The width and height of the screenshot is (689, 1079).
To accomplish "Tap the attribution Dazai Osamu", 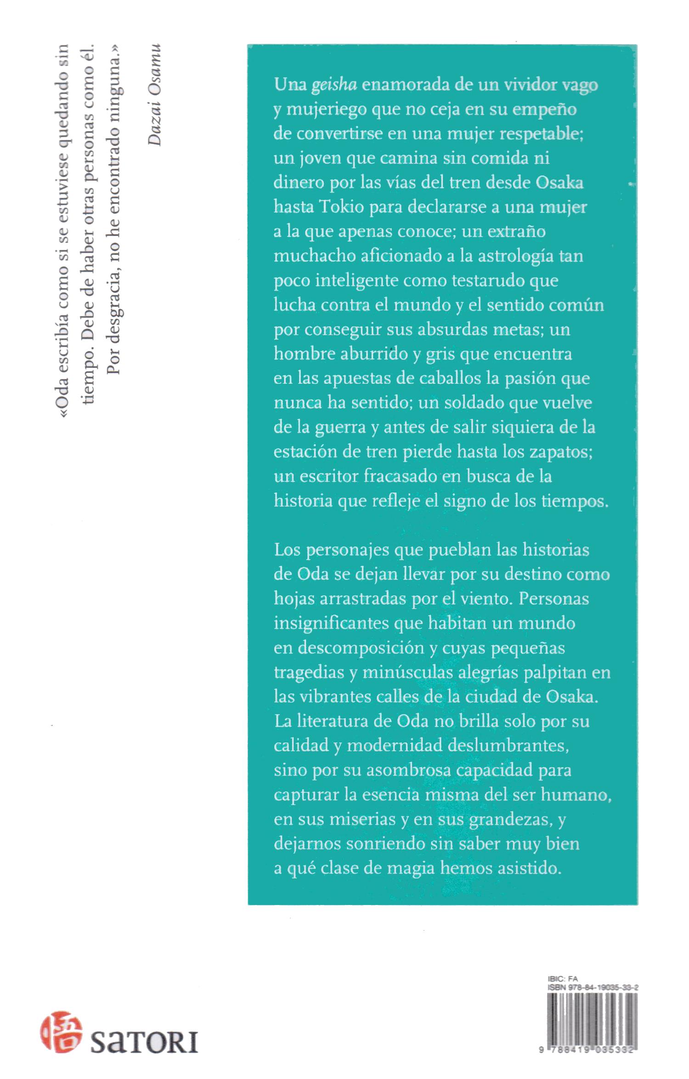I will click(155, 95).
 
